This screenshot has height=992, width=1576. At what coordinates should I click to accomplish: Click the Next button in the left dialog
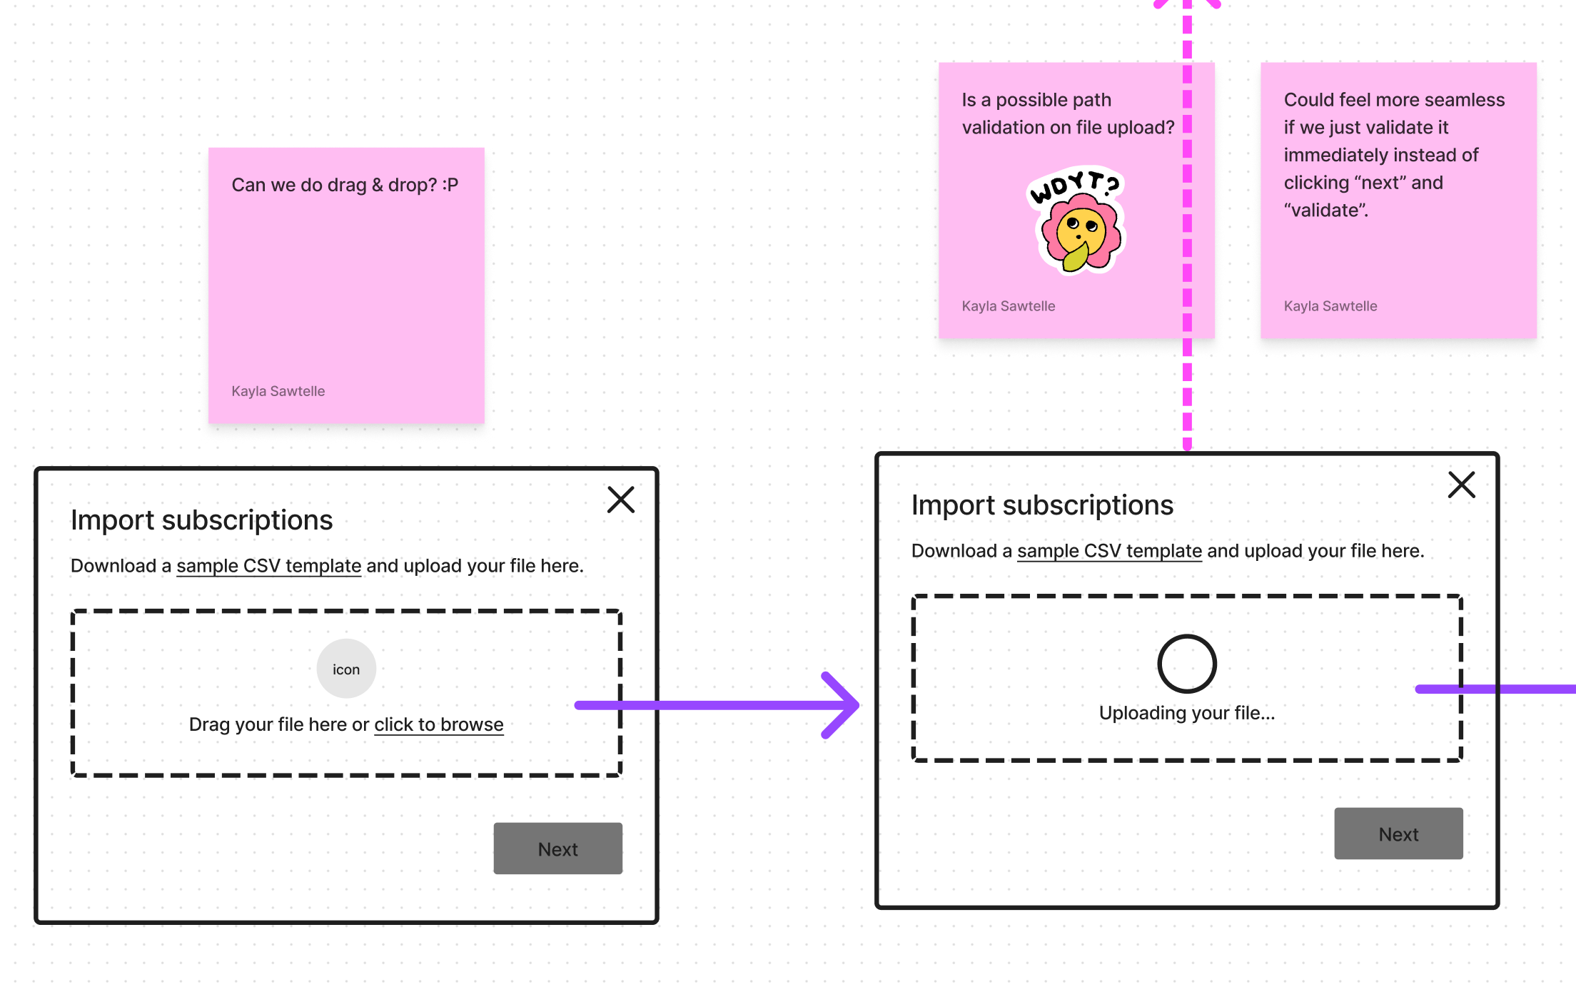coord(557,849)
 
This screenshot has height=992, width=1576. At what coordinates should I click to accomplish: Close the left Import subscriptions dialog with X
coord(620,500)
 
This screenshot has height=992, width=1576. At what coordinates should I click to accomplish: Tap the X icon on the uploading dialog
coord(1461,485)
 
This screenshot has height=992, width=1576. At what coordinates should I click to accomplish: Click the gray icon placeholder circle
coord(346,669)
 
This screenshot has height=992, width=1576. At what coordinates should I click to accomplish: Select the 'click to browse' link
coord(438,724)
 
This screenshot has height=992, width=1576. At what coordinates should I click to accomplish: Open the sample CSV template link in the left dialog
coord(268,566)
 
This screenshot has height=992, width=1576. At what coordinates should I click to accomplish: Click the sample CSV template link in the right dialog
coord(1109,551)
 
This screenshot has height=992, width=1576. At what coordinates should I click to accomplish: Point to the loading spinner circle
coord(1186,664)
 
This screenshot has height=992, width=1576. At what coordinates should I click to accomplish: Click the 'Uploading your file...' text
coord(1186,713)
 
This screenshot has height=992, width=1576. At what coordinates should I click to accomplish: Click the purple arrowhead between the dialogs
coord(842,705)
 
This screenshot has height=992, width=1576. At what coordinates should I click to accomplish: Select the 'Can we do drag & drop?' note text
coord(345,185)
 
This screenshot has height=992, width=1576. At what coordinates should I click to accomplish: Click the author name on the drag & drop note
coord(278,391)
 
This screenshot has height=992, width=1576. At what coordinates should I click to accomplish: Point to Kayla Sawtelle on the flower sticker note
coord(1008,306)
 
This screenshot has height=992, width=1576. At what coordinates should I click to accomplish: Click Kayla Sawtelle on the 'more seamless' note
coord(1330,306)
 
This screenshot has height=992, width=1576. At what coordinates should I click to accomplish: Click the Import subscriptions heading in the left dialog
coord(201,520)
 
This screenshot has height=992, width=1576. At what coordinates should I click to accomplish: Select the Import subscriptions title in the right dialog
coord(1042,505)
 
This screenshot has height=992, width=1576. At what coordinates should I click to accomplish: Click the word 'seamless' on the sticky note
coord(1464,100)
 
